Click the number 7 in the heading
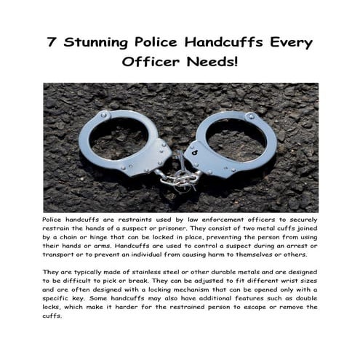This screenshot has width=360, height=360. pyautogui.click(x=53, y=41)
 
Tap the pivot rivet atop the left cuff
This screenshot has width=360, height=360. pyautogui.click(x=103, y=114)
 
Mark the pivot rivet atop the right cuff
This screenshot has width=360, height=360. pyautogui.click(x=251, y=116)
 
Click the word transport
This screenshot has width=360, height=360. pyautogui.click(x=65, y=255)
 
